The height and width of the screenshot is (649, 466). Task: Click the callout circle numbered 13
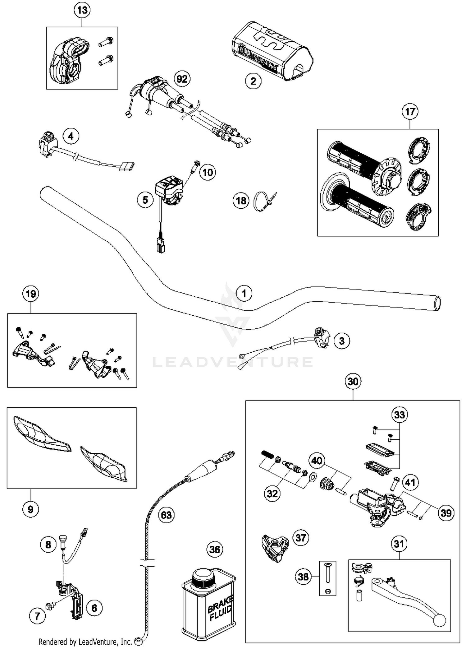[x=82, y=10]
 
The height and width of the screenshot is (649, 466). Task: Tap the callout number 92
[x=182, y=79]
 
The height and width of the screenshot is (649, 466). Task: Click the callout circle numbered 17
[x=410, y=112]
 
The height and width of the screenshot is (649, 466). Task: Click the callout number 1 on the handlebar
[x=244, y=294]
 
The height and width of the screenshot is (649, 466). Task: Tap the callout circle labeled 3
[x=342, y=341]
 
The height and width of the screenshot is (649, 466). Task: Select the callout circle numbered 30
[x=353, y=382]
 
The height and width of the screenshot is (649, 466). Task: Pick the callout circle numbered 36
[x=215, y=549]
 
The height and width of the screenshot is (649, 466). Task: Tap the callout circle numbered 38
[x=303, y=577]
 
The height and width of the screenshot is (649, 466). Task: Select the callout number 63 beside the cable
[x=166, y=515]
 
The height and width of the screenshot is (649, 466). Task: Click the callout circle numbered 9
[x=30, y=509]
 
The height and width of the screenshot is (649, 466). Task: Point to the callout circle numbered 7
[x=37, y=616]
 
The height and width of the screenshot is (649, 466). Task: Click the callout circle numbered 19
[x=31, y=294]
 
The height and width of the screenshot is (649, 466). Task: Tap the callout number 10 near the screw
[x=208, y=172]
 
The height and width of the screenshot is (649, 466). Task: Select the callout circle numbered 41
[x=410, y=482]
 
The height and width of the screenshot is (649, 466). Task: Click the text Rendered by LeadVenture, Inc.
[x=85, y=642]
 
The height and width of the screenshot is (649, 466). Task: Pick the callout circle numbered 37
[x=300, y=538]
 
